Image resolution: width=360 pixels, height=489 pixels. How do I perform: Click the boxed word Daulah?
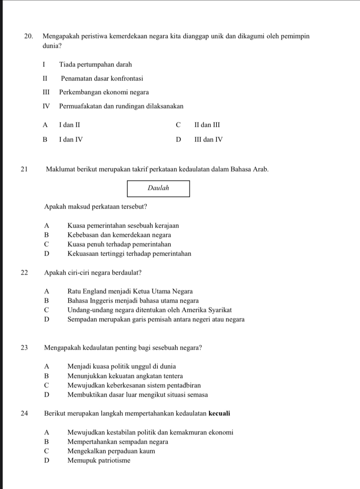(x=158, y=188)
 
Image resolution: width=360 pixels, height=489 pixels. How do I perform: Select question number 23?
(x=24, y=348)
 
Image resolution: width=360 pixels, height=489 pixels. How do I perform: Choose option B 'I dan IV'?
(x=71, y=139)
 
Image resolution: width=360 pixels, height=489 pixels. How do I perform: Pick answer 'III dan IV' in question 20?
(x=208, y=139)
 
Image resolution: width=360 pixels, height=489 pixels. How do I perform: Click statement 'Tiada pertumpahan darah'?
(x=95, y=64)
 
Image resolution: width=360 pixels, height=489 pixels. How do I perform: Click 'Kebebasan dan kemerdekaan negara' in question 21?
(x=119, y=235)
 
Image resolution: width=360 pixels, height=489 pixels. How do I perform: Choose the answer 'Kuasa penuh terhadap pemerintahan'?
(x=119, y=244)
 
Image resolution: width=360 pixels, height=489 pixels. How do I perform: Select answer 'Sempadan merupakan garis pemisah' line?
(x=156, y=320)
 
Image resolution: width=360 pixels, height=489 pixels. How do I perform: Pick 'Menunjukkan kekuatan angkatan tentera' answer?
(x=125, y=376)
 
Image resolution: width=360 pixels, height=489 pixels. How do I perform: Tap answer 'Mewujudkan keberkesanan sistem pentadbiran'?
(x=134, y=386)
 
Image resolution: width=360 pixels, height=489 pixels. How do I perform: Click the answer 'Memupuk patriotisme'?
(x=99, y=461)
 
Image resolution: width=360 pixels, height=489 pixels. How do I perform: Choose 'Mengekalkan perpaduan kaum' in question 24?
(x=111, y=451)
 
